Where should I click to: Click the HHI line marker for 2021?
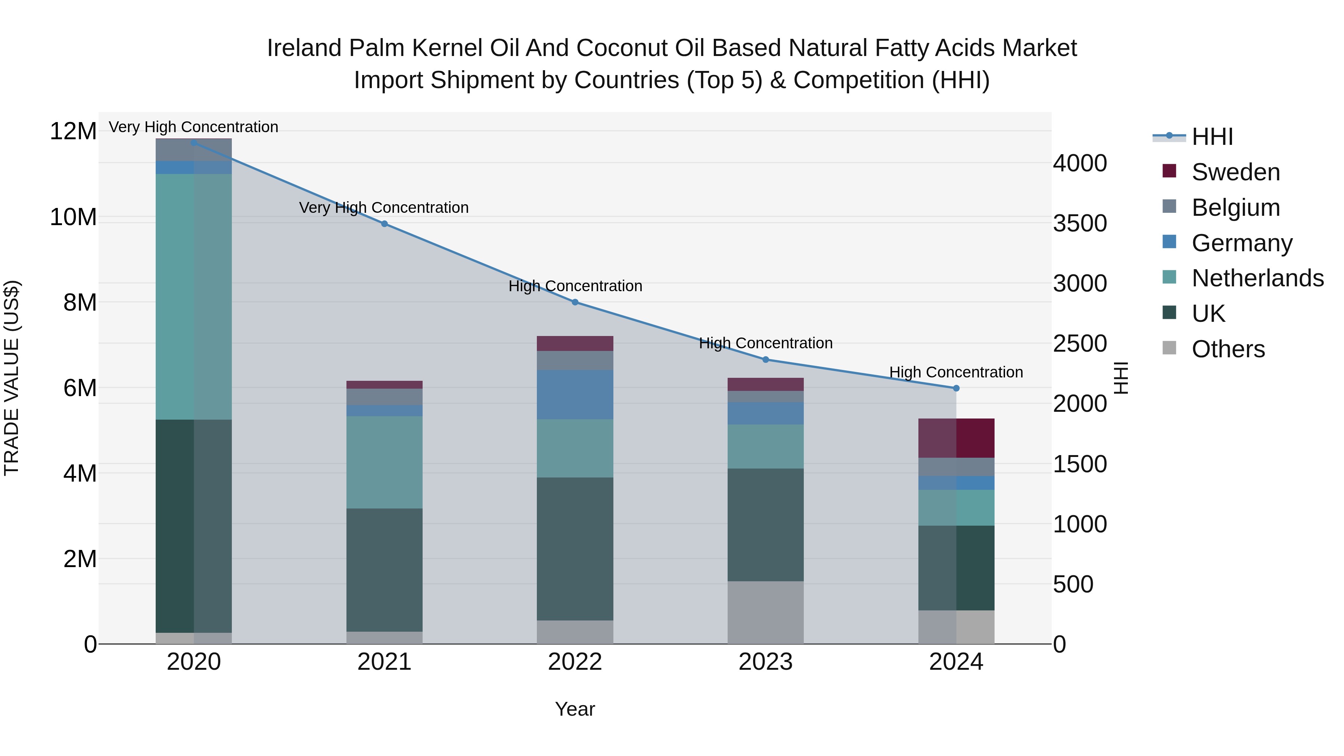tap(384, 224)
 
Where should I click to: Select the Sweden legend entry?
tap(1235, 172)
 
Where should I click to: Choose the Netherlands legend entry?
tap(1257, 278)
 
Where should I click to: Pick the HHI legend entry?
tap(1211, 137)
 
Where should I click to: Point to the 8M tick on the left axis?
tap(80, 303)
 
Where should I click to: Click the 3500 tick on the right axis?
tap(1079, 223)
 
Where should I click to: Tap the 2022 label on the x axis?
tap(575, 662)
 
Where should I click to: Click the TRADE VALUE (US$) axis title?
tap(12, 378)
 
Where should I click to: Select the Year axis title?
tap(575, 709)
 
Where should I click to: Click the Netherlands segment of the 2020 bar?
tap(193, 296)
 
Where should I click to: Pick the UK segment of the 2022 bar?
tap(575, 548)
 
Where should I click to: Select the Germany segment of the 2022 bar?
tap(575, 395)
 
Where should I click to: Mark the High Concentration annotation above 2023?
tap(765, 343)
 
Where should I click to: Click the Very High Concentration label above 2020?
tap(193, 127)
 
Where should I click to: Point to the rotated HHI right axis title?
tap(1121, 378)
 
